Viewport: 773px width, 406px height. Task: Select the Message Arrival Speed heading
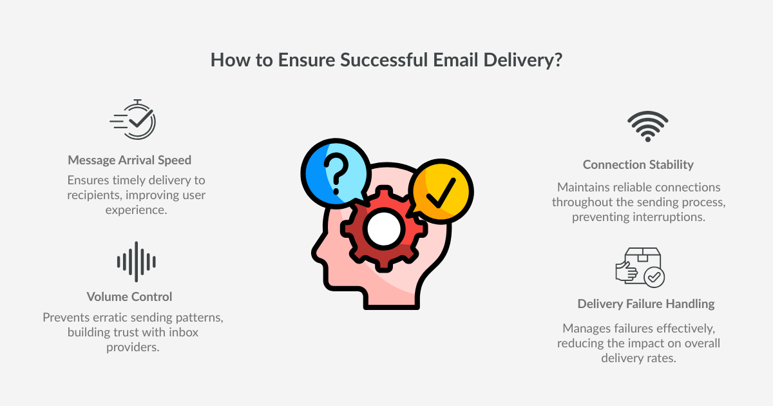pyautogui.click(x=129, y=160)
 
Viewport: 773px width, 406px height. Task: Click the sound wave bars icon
pyautogui.click(x=136, y=262)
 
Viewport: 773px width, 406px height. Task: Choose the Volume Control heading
pyautogui.click(x=129, y=297)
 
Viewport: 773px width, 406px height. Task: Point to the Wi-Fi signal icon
pyautogui.click(x=647, y=126)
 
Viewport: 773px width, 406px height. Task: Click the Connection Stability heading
pyautogui.click(x=638, y=165)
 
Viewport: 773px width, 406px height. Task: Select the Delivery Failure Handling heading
pyautogui.click(x=646, y=304)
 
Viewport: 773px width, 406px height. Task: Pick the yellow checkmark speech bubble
pyautogui.click(x=441, y=191)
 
